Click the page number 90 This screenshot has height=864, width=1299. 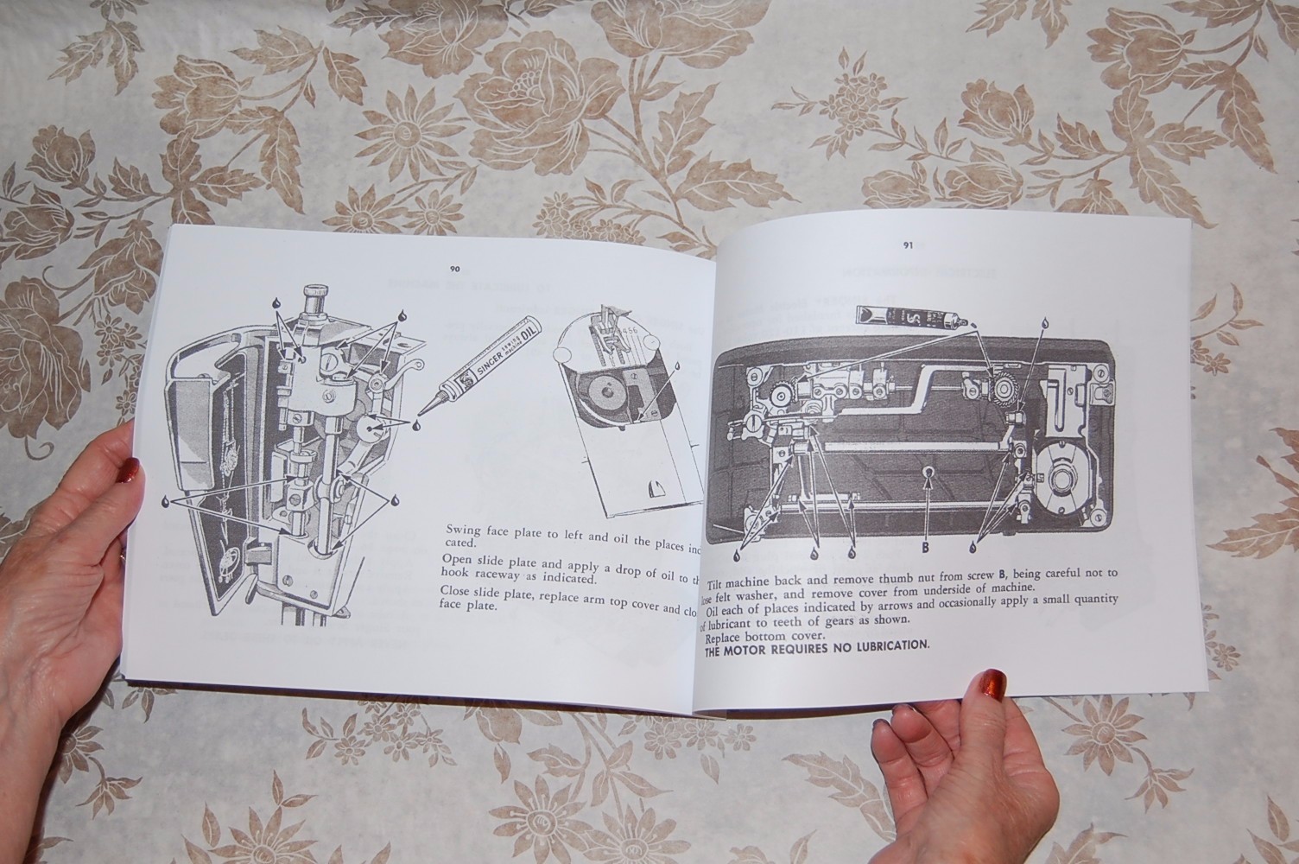point(454,269)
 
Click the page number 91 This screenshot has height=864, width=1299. point(908,245)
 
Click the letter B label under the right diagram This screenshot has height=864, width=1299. point(925,546)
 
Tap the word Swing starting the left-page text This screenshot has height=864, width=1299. point(464,529)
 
